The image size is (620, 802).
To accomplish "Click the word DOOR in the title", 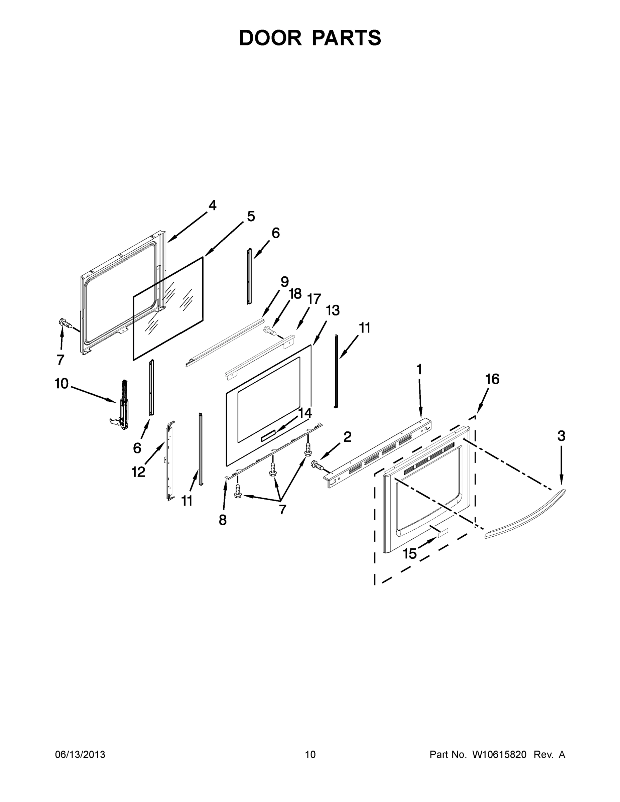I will tap(270, 38).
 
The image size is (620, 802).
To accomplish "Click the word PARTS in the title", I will tap(347, 38).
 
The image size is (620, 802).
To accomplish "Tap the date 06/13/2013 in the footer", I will tap(80, 754).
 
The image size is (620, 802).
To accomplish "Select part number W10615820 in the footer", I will tap(499, 754).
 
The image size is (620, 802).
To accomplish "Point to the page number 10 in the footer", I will tap(311, 754).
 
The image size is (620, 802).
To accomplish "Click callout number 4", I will tap(212, 205).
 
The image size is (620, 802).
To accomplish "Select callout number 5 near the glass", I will tap(251, 216).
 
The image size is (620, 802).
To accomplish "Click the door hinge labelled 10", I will tap(123, 406).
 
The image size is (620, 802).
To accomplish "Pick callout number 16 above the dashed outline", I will tap(493, 379).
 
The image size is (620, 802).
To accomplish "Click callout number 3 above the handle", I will tap(561, 436).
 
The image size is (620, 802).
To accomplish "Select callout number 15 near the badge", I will tap(409, 553).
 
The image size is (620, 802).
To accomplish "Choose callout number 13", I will tap(333, 310).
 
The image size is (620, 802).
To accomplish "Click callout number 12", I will tap(138, 472).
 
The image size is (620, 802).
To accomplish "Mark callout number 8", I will tap(223, 520).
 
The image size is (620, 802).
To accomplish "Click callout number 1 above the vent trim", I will tap(419, 369).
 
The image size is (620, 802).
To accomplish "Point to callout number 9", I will tap(285, 282).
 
